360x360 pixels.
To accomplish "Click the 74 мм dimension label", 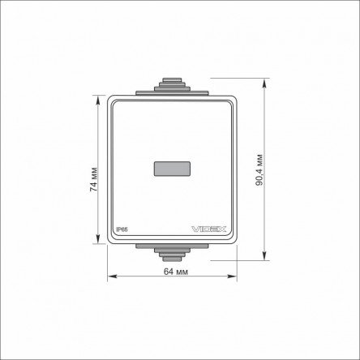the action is pos(93,179).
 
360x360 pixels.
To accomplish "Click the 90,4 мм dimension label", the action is pos(259,170).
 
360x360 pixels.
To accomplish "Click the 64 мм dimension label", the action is pos(176,272).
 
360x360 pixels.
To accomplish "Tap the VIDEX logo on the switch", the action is pos(208,229).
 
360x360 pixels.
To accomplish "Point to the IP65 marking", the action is pos(122,229).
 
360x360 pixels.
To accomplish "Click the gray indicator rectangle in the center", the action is pos(172,169).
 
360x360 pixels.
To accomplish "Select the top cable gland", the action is pos(172,84).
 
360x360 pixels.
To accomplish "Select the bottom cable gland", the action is pos(172,255).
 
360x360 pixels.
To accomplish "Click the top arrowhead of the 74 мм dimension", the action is pos(98,100).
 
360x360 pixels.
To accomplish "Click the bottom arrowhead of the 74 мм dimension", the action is pos(98,239).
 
